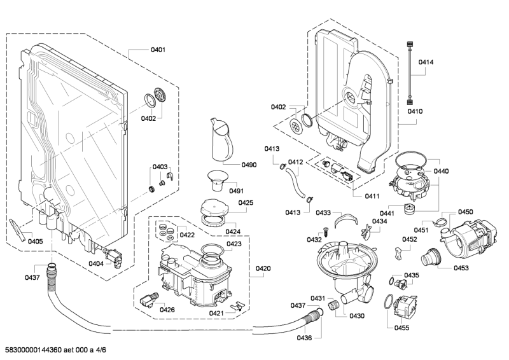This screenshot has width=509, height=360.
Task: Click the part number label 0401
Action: (x=158, y=50)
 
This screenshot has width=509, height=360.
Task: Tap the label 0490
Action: (x=249, y=165)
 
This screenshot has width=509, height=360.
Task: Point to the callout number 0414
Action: (x=426, y=62)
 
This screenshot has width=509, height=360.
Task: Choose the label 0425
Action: (x=246, y=203)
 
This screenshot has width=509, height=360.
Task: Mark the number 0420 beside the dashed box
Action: (x=263, y=269)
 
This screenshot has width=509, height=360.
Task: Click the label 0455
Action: (x=401, y=328)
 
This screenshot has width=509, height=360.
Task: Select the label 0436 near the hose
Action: (x=304, y=337)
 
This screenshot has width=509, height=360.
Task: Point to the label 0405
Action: (x=35, y=242)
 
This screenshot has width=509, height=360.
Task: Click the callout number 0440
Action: (x=441, y=172)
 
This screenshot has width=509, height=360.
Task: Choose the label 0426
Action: (x=167, y=310)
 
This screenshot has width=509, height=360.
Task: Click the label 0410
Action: (x=415, y=111)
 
